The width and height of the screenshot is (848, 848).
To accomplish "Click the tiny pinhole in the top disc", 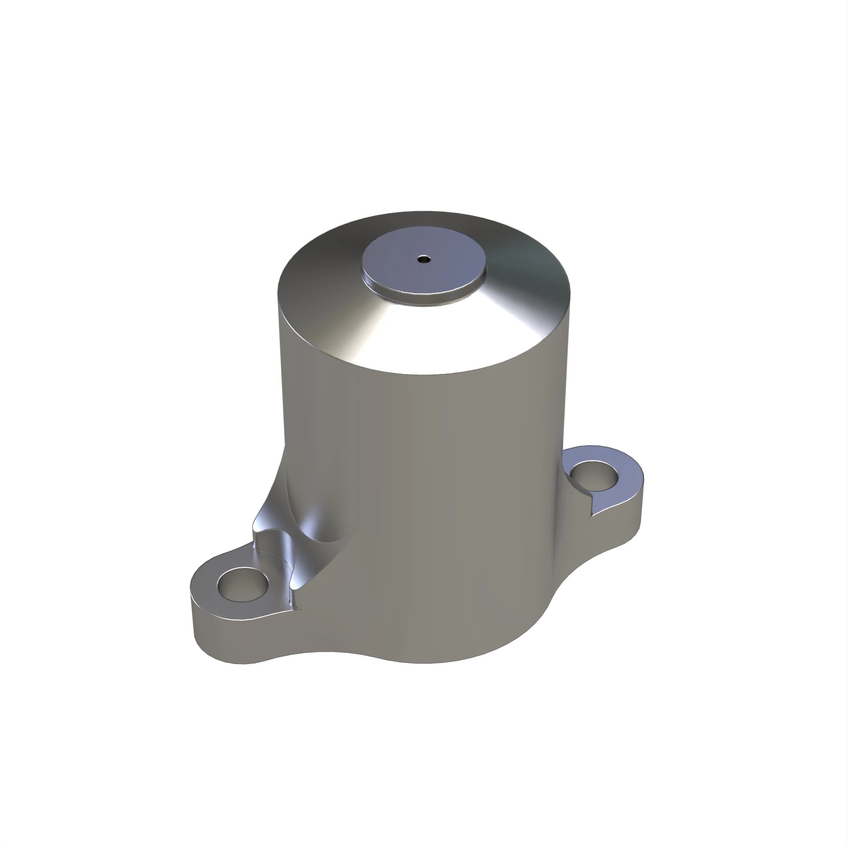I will [424, 259].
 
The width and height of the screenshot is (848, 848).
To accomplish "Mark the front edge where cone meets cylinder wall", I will [426, 374].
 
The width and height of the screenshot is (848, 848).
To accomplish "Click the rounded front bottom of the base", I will [421, 658].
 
